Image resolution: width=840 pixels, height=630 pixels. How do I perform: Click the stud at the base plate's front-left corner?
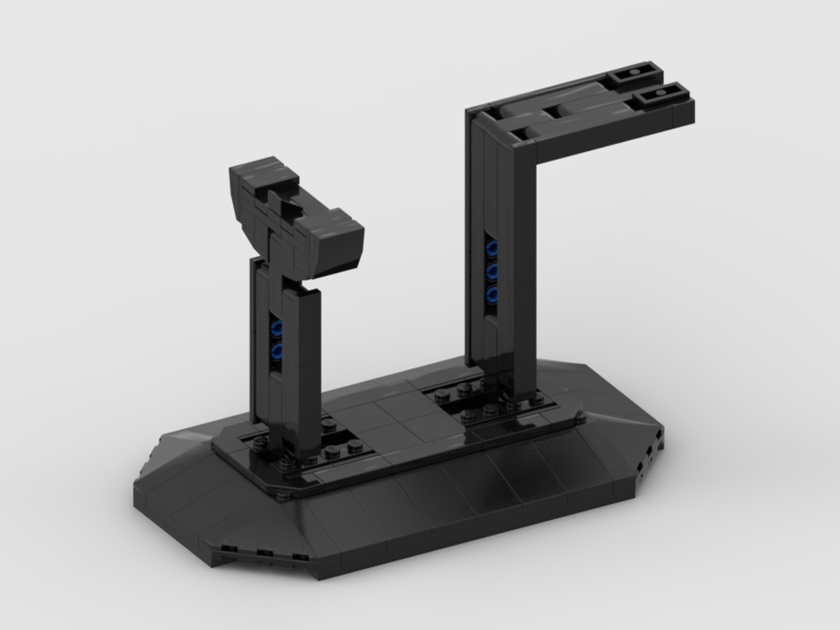click(284, 496)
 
